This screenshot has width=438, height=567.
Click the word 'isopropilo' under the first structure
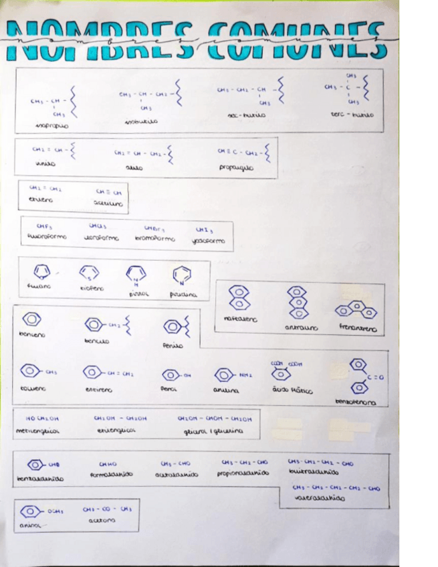point(53,125)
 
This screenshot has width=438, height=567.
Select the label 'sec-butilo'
point(246,115)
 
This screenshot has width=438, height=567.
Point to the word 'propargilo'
point(236,168)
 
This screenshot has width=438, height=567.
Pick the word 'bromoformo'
point(154,238)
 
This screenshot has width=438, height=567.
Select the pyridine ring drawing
point(181,274)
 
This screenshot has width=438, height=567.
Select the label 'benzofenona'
point(355,403)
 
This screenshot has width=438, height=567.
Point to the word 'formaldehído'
point(111,475)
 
